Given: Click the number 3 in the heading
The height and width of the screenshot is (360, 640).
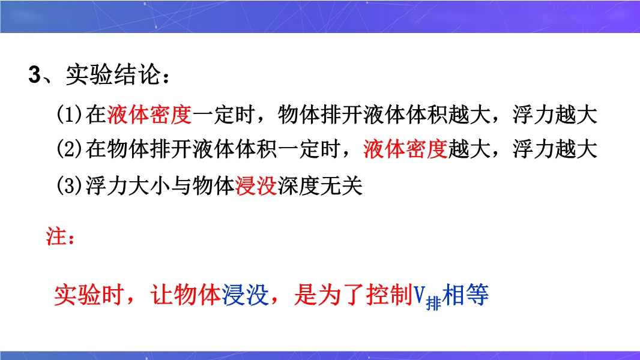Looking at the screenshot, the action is click(x=34, y=74).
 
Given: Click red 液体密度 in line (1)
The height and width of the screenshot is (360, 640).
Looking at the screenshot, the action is click(x=149, y=115).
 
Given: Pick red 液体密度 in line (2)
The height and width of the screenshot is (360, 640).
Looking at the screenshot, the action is click(x=405, y=149).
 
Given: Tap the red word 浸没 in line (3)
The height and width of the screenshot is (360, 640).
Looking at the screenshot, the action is click(x=256, y=187).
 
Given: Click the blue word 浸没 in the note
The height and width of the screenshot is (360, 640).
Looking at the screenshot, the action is click(x=246, y=295).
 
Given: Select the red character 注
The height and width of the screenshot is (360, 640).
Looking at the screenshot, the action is click(x=55, y=236).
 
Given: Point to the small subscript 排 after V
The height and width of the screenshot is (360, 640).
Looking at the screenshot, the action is click(x=433, y=304).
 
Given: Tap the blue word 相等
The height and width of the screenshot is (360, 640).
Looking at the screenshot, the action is click(x=465, y=295).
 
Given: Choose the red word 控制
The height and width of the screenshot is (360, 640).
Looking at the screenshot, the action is click(x=390, y=295).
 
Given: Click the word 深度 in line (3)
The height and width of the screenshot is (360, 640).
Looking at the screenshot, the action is click(x=298, y=187).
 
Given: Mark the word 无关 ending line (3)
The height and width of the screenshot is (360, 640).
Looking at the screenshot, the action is click(x=341, y=187).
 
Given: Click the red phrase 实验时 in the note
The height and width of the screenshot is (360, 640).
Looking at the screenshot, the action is click(x=89, y=295).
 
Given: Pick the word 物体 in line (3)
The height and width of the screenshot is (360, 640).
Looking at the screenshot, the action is click(x=214, y=187).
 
